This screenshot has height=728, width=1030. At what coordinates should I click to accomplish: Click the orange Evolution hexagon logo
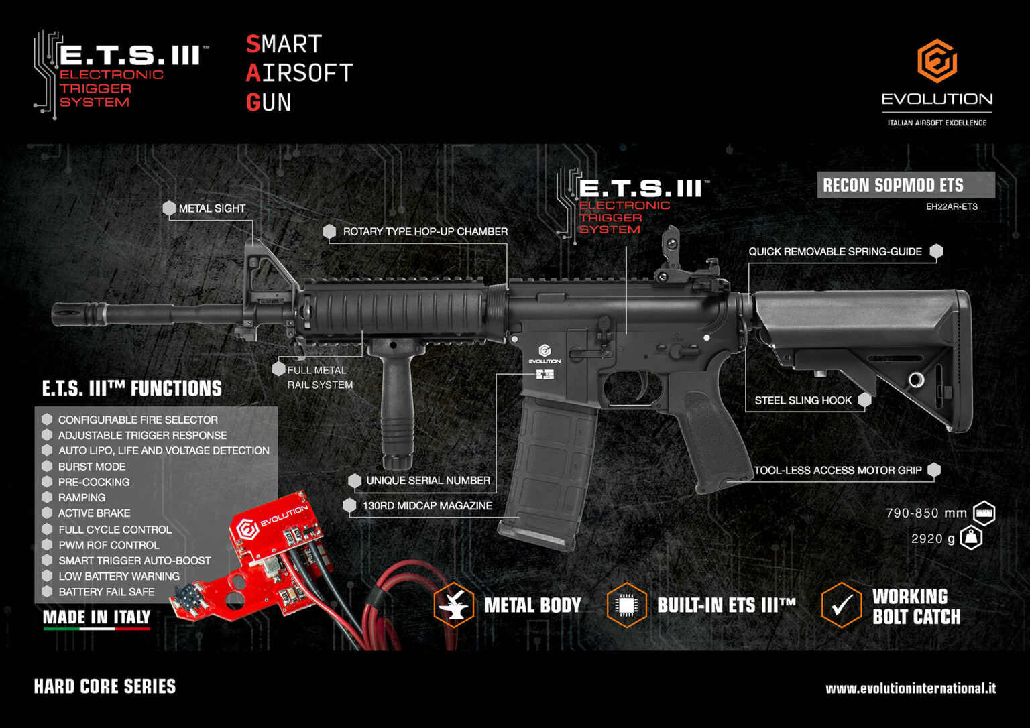tap(937, 61)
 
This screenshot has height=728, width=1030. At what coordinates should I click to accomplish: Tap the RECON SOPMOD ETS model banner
tap(893, 185)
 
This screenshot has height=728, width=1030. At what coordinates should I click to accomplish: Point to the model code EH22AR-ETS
tap(952, 207)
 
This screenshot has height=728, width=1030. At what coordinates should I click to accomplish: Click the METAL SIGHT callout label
tap(211, 208)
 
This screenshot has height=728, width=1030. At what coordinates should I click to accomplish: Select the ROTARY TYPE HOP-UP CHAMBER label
tap(425, 231)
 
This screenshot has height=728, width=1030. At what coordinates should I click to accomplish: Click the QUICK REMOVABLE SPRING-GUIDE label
tap(835, 251)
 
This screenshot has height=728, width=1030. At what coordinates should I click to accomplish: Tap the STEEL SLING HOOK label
tap(803, 400)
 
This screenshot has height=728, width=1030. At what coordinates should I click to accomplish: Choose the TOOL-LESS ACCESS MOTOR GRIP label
tap(838, 470)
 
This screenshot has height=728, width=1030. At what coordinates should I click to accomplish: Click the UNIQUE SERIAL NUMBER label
tap(428, 481)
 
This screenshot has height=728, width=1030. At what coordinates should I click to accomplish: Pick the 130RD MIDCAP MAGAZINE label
tap(427, 505)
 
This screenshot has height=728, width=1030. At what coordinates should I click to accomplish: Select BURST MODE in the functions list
tap(92, 467)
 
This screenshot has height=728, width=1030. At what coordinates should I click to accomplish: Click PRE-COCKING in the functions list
tap(94, 482)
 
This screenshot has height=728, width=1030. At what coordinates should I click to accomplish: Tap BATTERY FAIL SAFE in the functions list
tap(106, 592)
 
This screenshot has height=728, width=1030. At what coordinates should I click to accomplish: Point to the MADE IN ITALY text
tap(97, 617)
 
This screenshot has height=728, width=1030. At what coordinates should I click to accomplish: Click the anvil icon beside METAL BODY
tap(454, 605)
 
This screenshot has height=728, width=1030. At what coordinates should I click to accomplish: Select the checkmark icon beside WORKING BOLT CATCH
tap(841, 605)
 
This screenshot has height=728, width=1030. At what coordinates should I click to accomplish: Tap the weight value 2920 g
tap(933, 538)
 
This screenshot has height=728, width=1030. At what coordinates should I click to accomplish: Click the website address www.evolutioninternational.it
tap(910, 688)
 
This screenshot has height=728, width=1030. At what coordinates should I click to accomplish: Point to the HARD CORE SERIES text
tap(105, 686)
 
